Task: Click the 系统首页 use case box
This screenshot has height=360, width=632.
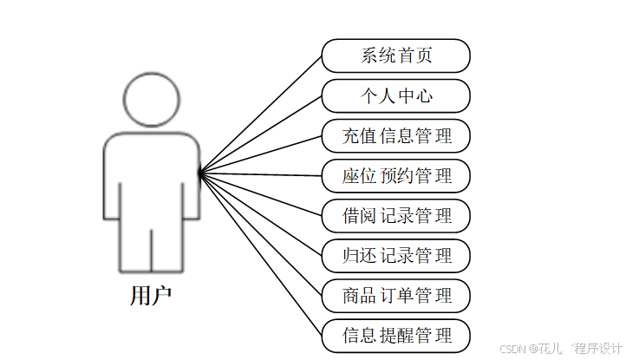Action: [x=395, y=56]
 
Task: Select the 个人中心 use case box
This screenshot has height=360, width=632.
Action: [x=395, y=95]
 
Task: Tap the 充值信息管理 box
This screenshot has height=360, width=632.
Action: [x=395, y=136]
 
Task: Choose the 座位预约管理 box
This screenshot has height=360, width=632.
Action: [x=395, y=176]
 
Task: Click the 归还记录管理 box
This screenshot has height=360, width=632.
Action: [x=395, y=256]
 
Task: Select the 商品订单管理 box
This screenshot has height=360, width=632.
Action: [x=395, y=296]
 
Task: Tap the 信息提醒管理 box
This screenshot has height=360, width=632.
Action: [x=395, y=336]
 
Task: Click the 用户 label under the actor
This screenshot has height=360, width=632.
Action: [x=151, y=296]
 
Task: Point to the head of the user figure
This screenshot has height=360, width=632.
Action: [x=151, y=99]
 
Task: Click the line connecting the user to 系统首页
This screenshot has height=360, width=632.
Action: [x=260, y=115]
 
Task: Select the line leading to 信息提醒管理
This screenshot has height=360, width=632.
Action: [x=260, y=254]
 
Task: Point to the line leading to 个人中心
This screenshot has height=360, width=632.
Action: [x=260, y=134]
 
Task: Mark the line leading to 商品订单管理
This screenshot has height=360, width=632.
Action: [x=260, y=234]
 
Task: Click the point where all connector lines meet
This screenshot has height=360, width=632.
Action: [x=199, y=174]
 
